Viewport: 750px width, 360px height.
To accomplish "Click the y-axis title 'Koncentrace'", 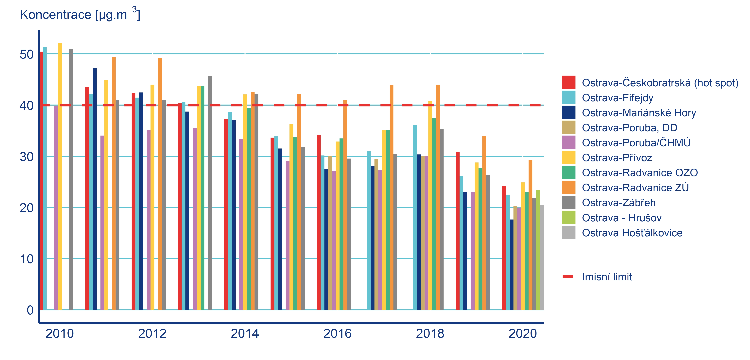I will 55,15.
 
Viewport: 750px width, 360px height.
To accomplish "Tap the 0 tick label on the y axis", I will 30,310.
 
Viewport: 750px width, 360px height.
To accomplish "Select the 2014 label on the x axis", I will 245,333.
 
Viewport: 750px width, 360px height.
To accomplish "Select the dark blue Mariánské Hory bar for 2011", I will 95,189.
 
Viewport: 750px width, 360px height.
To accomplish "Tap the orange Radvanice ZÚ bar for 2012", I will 160,184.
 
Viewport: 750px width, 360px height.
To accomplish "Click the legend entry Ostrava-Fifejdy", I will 617,98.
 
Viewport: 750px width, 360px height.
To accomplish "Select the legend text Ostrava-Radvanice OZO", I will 640,173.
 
